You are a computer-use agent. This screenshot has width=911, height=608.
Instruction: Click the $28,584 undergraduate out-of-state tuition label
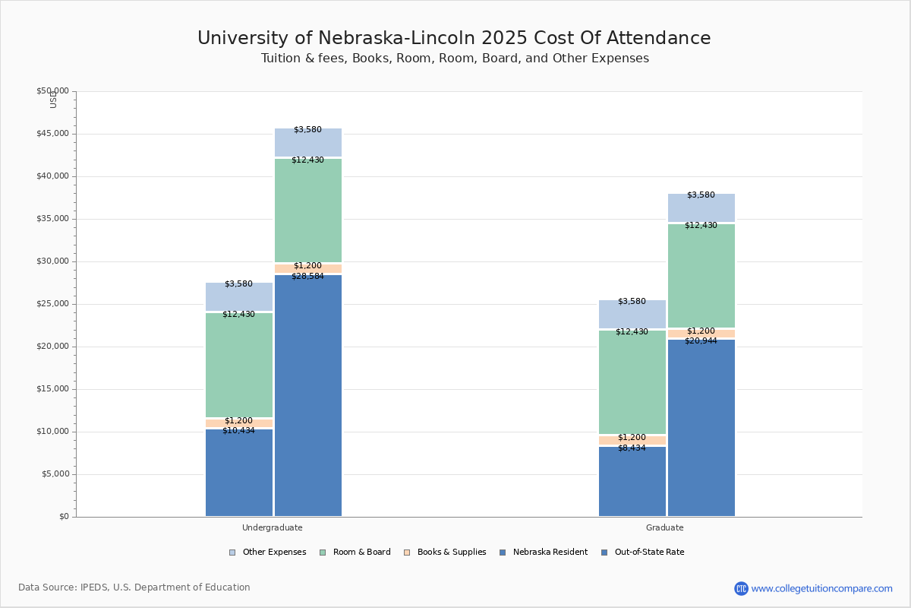(307, 277)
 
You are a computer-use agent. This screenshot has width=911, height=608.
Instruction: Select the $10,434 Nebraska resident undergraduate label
(238, 431)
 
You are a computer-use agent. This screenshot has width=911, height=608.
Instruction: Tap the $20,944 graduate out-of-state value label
(701, 341)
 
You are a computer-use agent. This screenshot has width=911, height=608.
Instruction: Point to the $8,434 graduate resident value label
(632, 448)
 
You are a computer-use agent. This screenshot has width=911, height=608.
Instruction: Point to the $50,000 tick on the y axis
(52, 91)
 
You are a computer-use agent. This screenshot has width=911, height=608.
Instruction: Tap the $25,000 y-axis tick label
(52, 304)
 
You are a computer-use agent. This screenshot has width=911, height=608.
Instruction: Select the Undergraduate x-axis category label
(273, 527)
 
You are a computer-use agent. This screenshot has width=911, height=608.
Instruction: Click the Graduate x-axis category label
(665, 527)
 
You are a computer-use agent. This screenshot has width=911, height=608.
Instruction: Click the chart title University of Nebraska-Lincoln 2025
(454, 39)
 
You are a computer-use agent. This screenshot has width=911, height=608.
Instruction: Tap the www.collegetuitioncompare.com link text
(821, 588)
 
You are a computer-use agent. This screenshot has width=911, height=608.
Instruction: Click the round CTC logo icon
(741, 588)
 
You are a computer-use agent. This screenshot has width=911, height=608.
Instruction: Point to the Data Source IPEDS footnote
(134, 587)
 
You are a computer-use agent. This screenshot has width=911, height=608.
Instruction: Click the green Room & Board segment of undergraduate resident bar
(239, 365)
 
